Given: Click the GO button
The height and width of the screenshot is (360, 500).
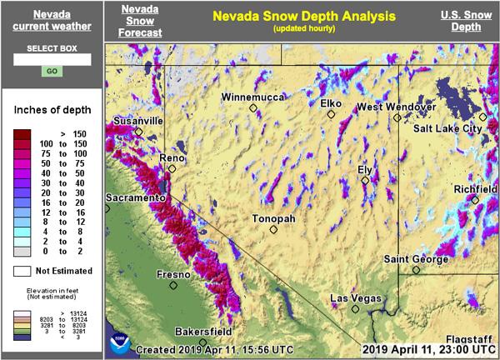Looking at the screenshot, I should (x=52, y=72).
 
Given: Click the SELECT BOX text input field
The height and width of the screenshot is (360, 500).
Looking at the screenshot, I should (x=52, y=59).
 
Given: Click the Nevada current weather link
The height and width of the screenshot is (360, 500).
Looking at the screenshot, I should (x=52, y=21).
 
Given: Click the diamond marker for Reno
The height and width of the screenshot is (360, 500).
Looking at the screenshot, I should (x=172, y=169).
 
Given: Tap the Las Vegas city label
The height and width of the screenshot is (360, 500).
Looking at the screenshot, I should (x=356, y=298).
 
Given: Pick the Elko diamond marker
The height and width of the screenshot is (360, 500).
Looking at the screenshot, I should (x=331, y=114).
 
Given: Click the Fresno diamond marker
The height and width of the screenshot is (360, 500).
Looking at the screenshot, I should (x=174, y=285).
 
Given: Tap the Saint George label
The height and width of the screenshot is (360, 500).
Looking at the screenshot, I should (x=414, y=258).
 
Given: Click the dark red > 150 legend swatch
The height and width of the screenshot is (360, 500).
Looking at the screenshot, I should (x=25, y=133).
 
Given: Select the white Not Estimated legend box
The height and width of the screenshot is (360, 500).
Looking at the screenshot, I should (x=25, y=271).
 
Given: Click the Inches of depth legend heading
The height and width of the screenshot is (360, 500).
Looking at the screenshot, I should (x=52, y=111).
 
